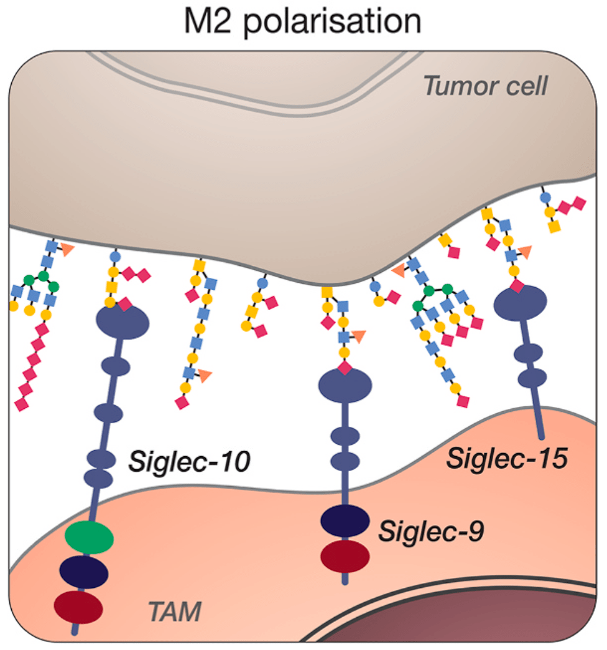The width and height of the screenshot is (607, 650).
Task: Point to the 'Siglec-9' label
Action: click(x=432, y=531)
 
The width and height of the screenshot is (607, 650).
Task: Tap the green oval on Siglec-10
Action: click(x=89, y=538)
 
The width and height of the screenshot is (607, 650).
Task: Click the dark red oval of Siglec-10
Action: click(x=78, y=607)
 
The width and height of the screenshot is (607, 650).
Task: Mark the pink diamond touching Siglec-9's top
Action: click(x=345, y=368)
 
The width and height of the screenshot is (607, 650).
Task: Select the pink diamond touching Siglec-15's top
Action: click(x=516, y=286)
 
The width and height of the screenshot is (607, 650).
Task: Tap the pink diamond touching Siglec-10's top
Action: click(x=125, y=304)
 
